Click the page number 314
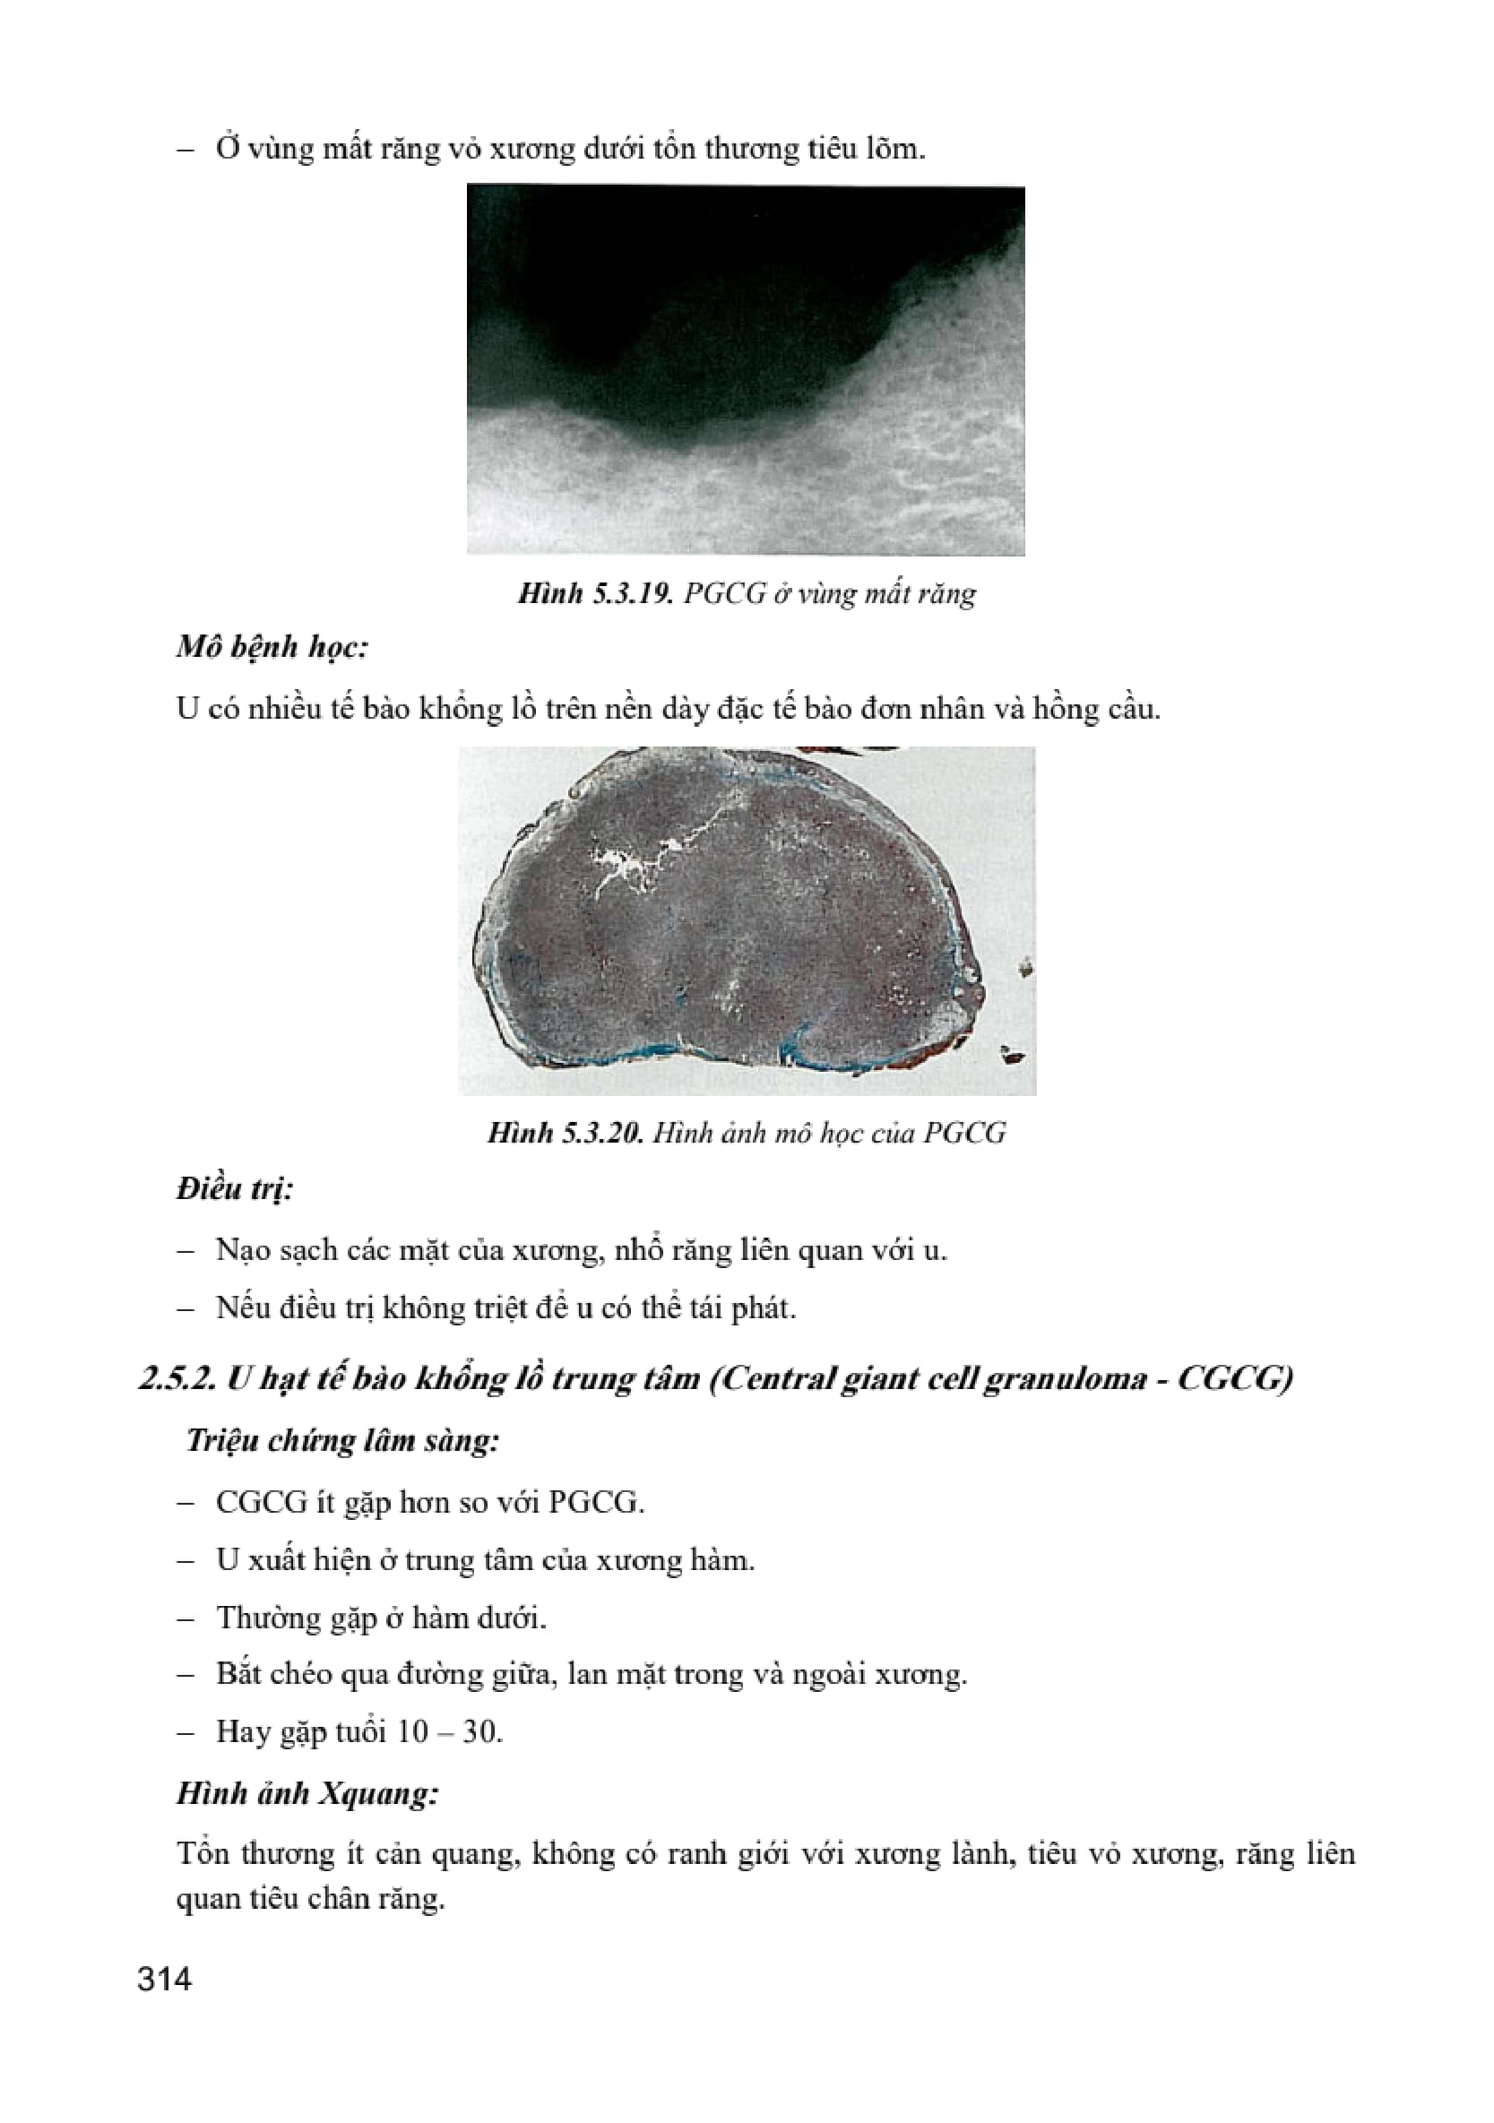[x=165, y=1980]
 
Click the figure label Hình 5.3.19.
[x=594, y=592]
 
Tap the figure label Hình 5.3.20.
[x=565, y=1133]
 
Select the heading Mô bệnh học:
[x=272, y=647]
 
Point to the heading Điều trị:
[x=235, y=1188]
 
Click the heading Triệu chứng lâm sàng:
[x=342, y=1441]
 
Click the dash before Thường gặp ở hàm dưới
[x=186, y=1618]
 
